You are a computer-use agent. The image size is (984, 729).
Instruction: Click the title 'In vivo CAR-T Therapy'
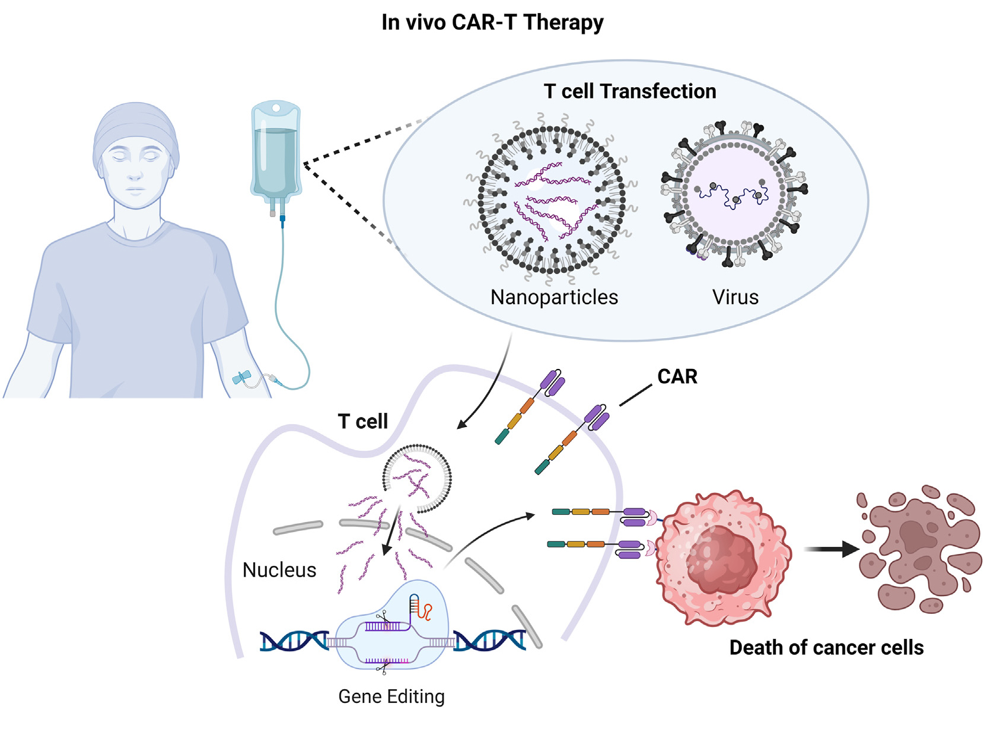(492, 23)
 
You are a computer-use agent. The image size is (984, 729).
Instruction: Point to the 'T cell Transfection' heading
(629, 91)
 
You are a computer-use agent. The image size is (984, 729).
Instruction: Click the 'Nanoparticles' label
(554, 297)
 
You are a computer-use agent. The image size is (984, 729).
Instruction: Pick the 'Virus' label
(735, 297)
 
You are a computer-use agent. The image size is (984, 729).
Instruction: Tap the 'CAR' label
(677, 377)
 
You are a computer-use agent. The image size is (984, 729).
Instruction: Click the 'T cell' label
(362, 422)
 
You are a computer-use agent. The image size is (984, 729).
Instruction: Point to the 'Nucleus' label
(279, 570)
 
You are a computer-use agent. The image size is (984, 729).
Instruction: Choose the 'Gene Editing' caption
(391, 696)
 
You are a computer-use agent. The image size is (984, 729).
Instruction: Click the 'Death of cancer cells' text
(826, 648)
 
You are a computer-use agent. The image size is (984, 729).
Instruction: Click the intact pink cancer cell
(724, 558)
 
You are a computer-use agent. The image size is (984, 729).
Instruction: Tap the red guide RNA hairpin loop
(425, 610)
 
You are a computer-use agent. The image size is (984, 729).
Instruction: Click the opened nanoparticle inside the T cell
(418, 478)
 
